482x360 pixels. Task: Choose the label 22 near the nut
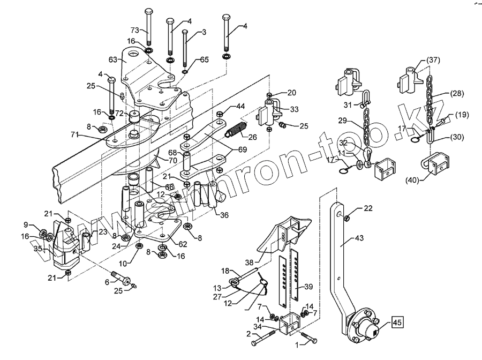(x=368, y=207)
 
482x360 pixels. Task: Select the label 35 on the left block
(x=37, y=249)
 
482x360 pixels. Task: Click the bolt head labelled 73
(x=149, y=11)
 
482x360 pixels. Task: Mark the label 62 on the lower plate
(x=182, y=244)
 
